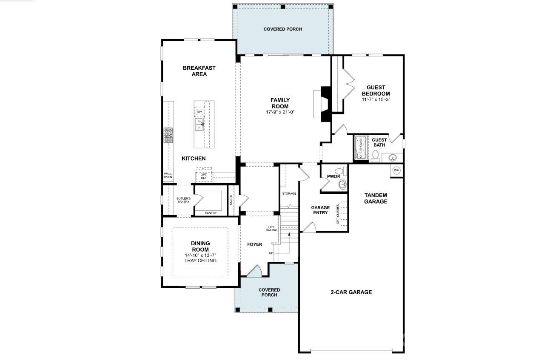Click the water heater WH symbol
pyautogui.click(x=396, y=170)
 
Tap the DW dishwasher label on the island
pyautogui.click(x=199, y=112)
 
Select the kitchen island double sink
pyautogui.click(x=199, y=125)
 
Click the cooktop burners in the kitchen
pyautogui.click(x=168, y=135)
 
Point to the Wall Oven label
pyautogui.click(x=168, y=175)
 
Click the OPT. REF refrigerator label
pyautogui.click(x=204, y=176)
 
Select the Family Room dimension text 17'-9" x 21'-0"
pyautogui.click(x=280, y=112)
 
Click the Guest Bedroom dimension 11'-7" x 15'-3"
pyautogui.click(x=376, y=99)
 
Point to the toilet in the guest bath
pyautogui.click(x=375, y=156)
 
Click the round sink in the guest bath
pyautogui.click(x=393, y=158)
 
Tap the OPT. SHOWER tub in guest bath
pyautogui.click(x=361, y=147)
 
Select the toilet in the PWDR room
pyautogui.click(x=341, y=170)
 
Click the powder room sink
pyautogui.click(x=342, y=184)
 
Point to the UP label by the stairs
pyautogui.click(x=271, y=253)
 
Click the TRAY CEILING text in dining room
pyautogui.click(x=200, y=261)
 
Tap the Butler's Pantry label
pyautogui.click(x=183, y=200)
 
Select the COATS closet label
pyautogui.click(x=231, y=200)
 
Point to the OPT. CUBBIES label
pyautogui.click(x=338, y=214)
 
